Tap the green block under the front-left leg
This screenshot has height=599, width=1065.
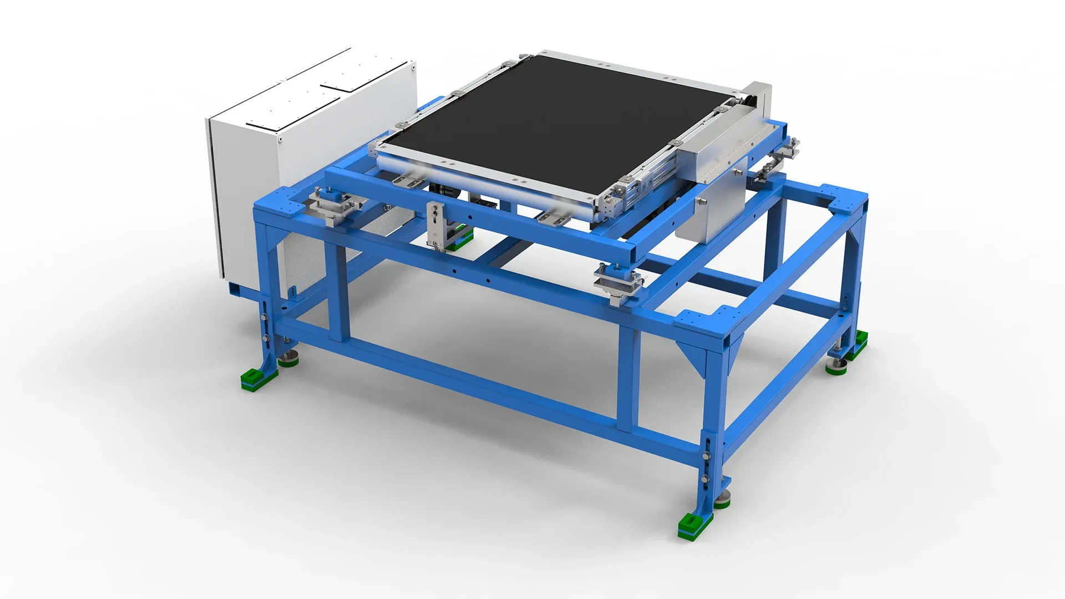point(258,381)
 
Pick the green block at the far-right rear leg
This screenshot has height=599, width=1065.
point(859,339)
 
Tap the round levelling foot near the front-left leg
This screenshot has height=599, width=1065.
point(288,361)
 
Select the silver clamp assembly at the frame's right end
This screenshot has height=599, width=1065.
point(782,153)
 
